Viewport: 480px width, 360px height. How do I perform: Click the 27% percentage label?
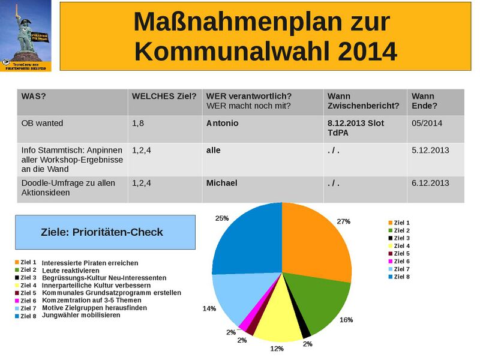(343, 221)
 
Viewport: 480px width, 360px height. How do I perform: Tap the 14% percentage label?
(209, 308)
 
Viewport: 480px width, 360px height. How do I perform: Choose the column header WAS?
(34, 97)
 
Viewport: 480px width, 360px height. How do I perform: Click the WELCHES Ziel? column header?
(164, 97)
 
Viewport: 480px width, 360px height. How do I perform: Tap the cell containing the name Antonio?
(222, 124)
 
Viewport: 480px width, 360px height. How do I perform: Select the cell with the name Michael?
(222, 183)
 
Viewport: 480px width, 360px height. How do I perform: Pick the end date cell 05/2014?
(427, 124)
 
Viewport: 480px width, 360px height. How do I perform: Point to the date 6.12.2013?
(430, 183)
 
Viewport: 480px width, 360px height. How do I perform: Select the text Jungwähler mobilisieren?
(81, 314)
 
